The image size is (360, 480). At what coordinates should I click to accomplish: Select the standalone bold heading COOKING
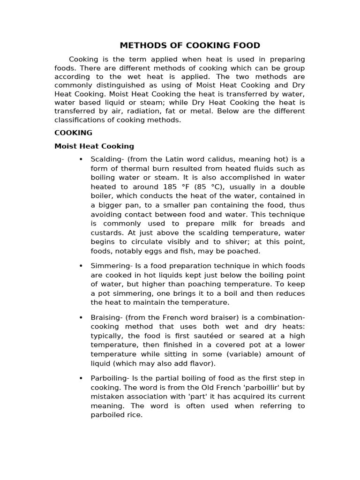(x=73, y=133)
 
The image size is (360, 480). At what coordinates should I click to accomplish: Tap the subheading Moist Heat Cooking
(x=94, y=146)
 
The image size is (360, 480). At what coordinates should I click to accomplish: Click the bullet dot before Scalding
(x=81, y=159)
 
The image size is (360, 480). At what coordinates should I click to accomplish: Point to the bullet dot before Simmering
(x=81, y=266)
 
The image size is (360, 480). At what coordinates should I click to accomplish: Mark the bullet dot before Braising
(x=81, y=317)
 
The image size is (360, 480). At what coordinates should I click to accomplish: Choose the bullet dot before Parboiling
(x=81, y=378)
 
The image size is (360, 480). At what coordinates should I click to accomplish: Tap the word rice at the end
(x=133, y=415)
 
